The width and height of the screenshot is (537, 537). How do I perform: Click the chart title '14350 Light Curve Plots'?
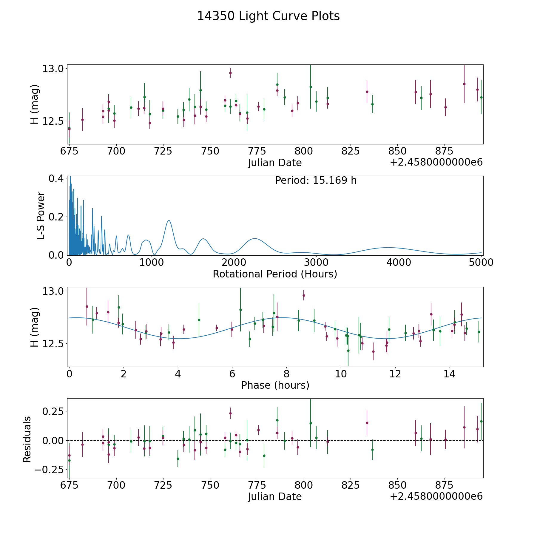click(268, 16)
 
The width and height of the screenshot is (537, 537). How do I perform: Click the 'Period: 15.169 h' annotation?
click(316, 180)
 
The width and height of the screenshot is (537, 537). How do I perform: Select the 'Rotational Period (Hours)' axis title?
click(275, 274)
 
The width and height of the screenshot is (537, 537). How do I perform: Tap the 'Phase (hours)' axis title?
click(275, 385)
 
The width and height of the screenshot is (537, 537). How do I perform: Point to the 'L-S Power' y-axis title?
click(41, 216)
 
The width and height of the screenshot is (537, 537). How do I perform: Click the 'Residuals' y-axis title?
click(27, 439)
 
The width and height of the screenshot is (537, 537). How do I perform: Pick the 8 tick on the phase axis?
click(286, 374)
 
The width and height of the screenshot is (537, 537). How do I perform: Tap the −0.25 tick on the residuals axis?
click(49, 470)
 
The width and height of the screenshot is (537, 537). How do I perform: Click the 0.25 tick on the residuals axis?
click(53, 411)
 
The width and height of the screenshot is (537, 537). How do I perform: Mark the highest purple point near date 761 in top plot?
click(230, 73)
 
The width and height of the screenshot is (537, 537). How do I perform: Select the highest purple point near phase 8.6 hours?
click(304, 295)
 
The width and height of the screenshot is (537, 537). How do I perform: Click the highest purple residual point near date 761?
click(230, 413)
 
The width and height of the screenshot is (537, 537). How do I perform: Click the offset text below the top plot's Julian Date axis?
click(436, 163)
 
